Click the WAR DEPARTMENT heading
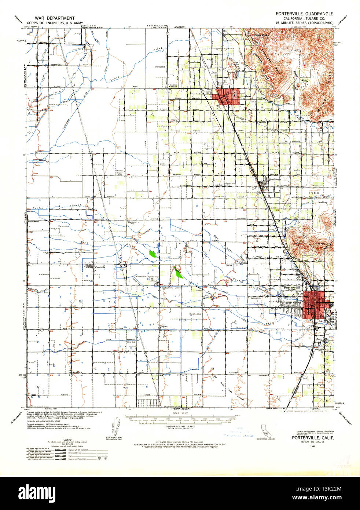pyautogui.click(x=55, y=18)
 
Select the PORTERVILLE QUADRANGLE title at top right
pyautogui.click(x=304, y=14)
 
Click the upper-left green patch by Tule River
pyautogui.click(x=153, y=253)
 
